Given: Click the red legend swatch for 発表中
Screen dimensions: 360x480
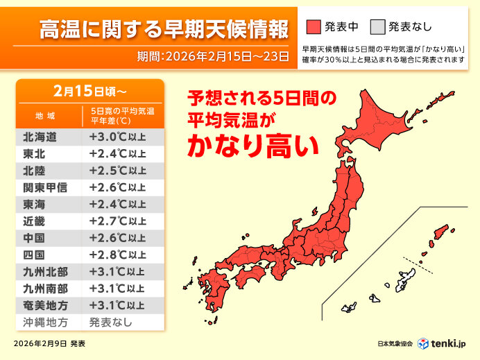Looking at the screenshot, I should click(314, 27).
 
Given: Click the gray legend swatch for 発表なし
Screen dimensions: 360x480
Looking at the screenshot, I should click(377, 27).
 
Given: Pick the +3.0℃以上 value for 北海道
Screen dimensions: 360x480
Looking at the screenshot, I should click(117, 137).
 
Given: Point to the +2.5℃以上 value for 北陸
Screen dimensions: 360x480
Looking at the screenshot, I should click(117, 171).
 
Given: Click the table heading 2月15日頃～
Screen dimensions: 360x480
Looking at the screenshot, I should click(90, 91).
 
